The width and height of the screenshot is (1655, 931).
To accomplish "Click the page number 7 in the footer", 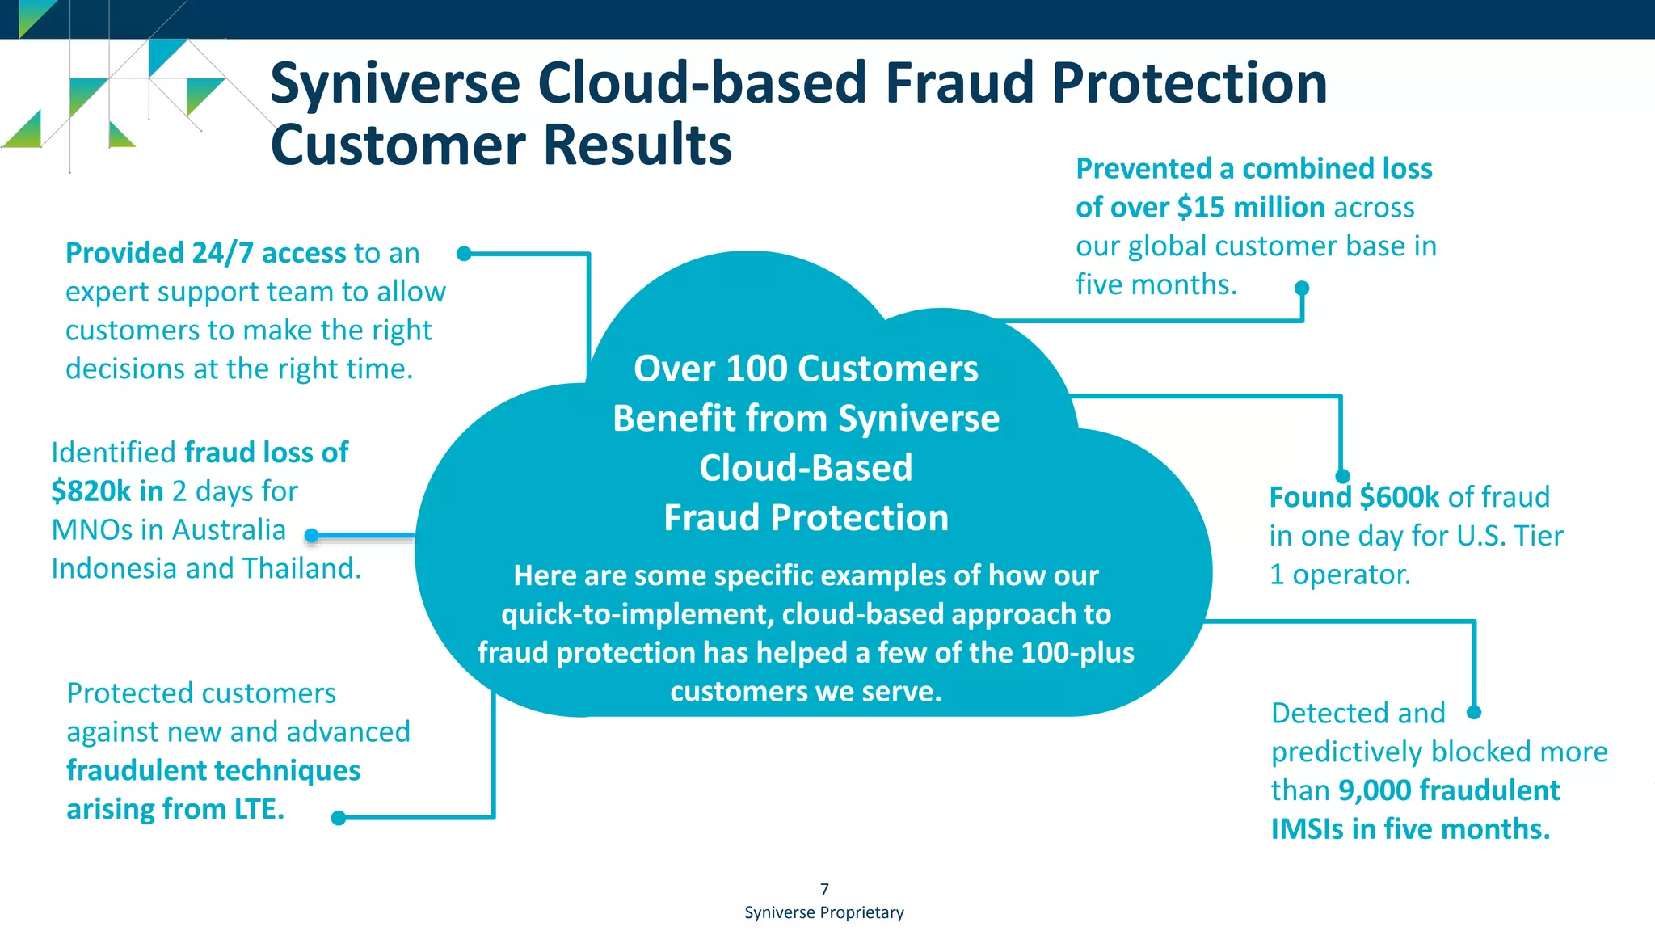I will coord(824,889).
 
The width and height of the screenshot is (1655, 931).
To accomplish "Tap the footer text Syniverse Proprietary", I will coord(823,912).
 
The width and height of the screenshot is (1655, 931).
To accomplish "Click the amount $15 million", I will coord(1250,208).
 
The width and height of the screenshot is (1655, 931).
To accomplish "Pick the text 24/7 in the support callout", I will coord(223,254).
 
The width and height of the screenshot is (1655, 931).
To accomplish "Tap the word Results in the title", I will coord(637,145).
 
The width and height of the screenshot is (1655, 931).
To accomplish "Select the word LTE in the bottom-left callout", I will coord(259,809).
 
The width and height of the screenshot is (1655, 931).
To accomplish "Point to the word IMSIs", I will coord(1307,829).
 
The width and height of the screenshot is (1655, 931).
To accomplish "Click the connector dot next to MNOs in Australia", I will coord(312,535).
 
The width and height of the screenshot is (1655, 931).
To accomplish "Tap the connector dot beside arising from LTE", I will coord(339,818).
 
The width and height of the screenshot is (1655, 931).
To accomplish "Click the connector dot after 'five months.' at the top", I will coord(1301,288).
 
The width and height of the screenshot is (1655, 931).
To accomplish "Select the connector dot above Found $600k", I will coord(1342,476).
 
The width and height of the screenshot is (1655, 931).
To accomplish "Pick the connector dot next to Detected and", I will coord(1474,712).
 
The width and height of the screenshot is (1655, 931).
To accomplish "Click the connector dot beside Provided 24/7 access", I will coord(464,254).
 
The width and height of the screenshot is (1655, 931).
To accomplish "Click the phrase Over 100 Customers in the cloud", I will coord(806,369).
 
